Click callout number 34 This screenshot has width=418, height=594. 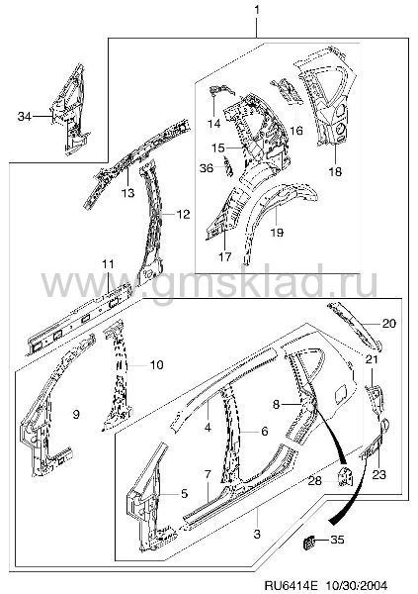[24, 116]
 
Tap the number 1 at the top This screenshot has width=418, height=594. [257, 10]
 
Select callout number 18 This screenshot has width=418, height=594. [335, 171]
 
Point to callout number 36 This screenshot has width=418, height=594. [207, 168]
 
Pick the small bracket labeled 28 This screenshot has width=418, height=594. [344, 476]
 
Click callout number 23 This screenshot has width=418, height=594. [379, 474]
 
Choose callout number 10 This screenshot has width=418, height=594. [156, 364]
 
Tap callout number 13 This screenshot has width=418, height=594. [128, 193]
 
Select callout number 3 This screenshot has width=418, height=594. [257, 535]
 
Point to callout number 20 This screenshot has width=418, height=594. [388, 323]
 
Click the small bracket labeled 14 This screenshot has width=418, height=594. [221, 91]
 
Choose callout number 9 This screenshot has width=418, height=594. [76, 415]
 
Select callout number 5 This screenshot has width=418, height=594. [184, 494]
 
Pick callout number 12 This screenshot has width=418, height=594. [183, 215]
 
